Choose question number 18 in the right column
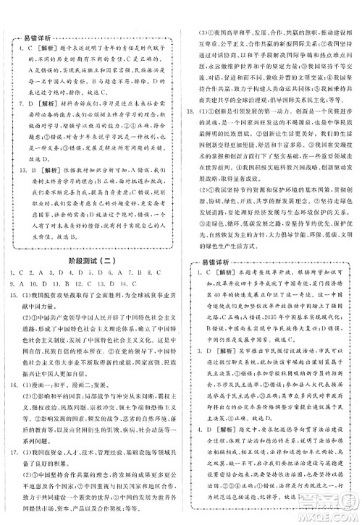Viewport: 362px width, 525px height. point(189,113)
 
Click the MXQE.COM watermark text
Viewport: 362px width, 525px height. point(329,515)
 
